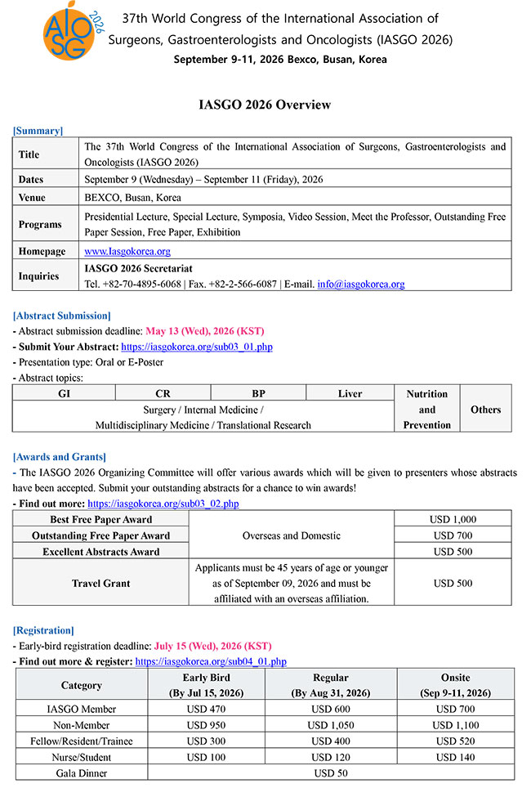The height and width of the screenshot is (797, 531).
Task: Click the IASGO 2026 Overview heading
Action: point(265,105)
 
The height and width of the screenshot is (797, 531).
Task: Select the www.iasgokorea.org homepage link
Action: point(127,251)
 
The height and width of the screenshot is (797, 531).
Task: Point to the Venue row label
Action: point(33,197)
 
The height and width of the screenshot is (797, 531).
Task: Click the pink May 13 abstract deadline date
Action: point(204,331)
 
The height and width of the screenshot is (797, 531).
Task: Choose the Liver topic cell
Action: point(350,393)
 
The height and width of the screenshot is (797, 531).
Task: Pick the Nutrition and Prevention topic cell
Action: point(426,409)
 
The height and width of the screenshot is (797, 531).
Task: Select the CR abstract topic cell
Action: point(163,393)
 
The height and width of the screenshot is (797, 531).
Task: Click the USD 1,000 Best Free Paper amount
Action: point(453,519)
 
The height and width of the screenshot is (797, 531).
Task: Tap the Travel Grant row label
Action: point(100,584)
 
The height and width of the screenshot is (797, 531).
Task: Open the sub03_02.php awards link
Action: point(163,504)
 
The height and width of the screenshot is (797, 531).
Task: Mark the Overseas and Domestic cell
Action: point(291,535)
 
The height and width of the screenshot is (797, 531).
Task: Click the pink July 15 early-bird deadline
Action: point(213,646)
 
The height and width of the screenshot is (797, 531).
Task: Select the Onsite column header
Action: point(455,678)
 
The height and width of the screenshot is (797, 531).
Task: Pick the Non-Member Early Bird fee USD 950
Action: point(207,725)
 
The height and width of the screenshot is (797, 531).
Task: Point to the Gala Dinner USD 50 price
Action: point(331,773)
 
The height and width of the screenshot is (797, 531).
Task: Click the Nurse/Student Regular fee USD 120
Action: point(330,757)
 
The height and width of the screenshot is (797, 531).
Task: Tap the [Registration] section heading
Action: point(43,630)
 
